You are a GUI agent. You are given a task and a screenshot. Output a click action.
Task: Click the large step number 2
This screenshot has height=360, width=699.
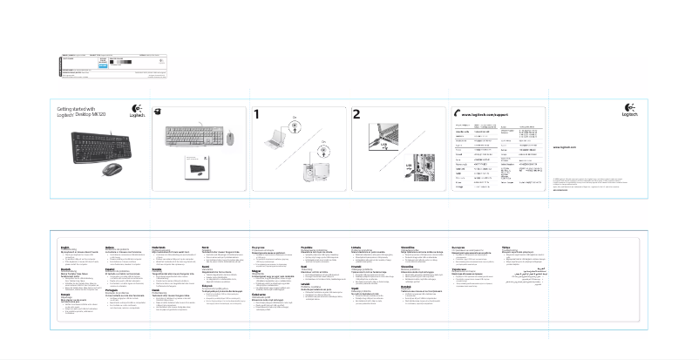(x=356, y=114)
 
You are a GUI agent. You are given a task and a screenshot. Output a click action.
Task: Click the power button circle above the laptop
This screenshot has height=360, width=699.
(x=295, y=123)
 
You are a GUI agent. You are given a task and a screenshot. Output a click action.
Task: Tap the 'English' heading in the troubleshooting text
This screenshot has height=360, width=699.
(x=64, y=248)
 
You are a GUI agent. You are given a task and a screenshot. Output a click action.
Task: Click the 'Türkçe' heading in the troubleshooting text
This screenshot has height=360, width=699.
(x=506, y=248)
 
